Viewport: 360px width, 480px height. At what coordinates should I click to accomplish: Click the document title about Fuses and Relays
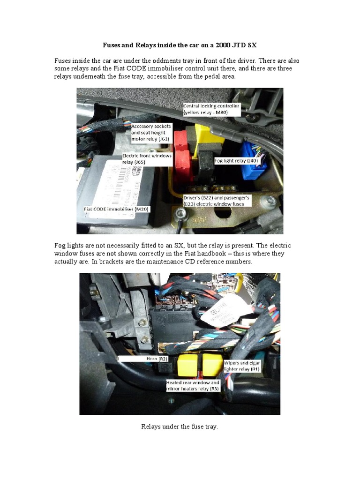(180, 45)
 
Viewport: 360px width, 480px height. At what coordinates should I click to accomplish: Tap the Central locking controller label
(211, 109)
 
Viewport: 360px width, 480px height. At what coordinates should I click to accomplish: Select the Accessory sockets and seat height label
(151, 133)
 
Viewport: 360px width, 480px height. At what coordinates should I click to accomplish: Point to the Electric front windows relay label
(147, 158)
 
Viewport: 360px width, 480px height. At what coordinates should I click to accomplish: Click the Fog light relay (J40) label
(236, 160)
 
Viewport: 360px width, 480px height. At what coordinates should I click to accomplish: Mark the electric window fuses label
(217, 201)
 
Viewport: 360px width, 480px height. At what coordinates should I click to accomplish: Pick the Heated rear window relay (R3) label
(192, 386)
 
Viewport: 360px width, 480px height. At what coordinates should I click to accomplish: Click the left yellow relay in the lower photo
(187, 364)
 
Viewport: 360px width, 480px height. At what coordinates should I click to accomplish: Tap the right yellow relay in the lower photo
(212, 364)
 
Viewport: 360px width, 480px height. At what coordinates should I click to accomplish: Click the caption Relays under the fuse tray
(180, 427)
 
